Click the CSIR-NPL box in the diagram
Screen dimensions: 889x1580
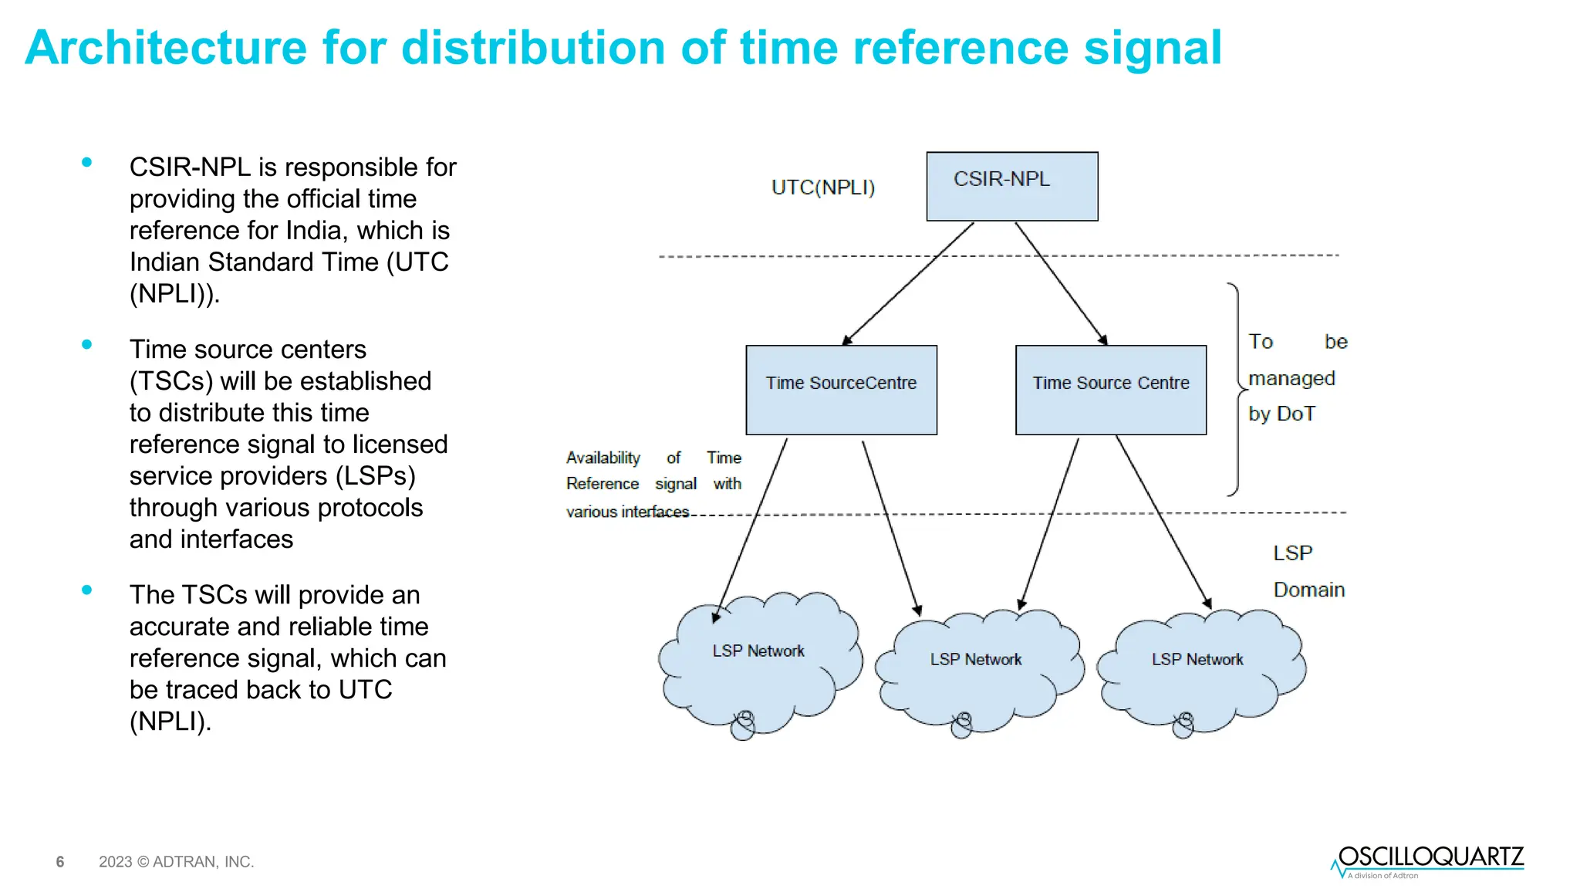1011,186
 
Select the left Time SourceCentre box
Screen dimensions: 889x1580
841,390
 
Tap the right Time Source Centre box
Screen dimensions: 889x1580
1111,390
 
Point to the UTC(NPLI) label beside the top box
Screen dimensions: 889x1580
822,188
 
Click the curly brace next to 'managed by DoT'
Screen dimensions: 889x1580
1237,390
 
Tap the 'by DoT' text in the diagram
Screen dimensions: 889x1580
1281,414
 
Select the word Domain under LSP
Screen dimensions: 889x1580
1308,590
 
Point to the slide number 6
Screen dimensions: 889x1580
60,862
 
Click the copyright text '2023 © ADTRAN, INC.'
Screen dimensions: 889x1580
176,862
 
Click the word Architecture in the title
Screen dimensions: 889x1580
166,48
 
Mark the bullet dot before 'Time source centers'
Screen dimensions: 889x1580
87,345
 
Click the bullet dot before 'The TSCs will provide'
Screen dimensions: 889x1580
87,590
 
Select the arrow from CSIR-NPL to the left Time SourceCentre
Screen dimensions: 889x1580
908,283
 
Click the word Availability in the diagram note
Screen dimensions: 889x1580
603,458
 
